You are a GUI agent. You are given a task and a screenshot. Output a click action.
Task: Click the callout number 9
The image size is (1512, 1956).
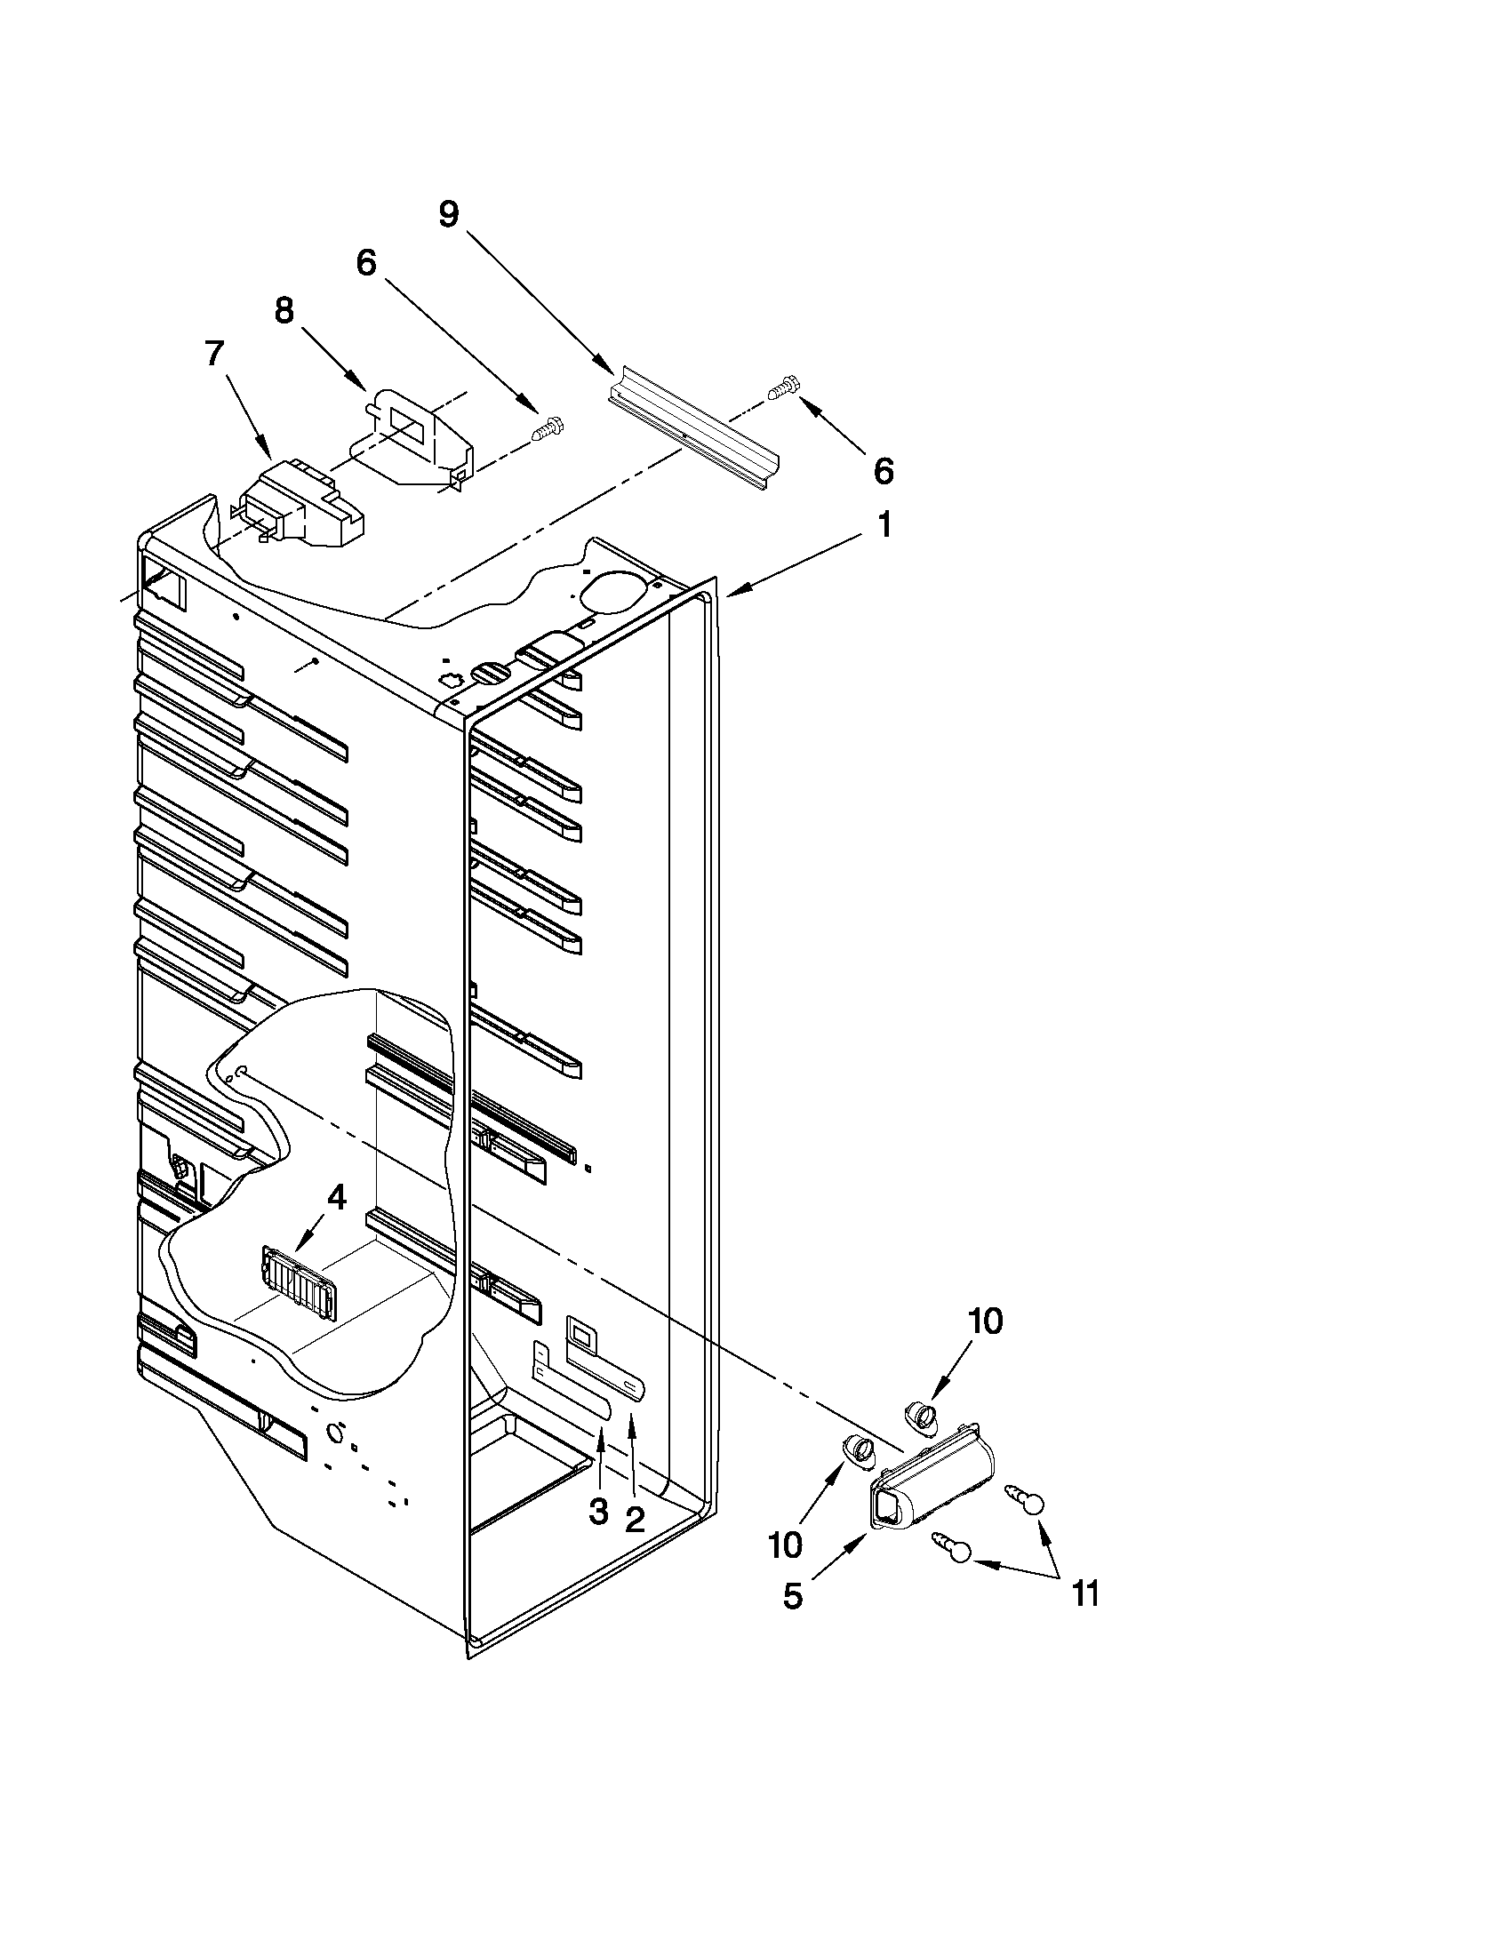click(448, 214)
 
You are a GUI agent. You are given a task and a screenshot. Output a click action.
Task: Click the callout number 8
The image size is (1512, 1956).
click(284, 311)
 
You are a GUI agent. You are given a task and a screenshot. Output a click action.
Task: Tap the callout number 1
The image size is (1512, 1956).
click(884, 526)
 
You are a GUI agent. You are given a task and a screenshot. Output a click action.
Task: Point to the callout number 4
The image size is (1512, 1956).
click(335, 1197)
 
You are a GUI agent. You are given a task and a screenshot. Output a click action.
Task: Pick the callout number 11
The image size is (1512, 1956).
click(1085, 1593)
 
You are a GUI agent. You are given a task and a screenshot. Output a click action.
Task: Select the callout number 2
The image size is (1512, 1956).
click(634, 1520)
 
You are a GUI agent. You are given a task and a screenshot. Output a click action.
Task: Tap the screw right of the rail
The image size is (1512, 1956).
click(783, 387)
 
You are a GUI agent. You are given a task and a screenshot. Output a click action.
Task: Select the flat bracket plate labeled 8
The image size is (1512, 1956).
click(417, 441)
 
